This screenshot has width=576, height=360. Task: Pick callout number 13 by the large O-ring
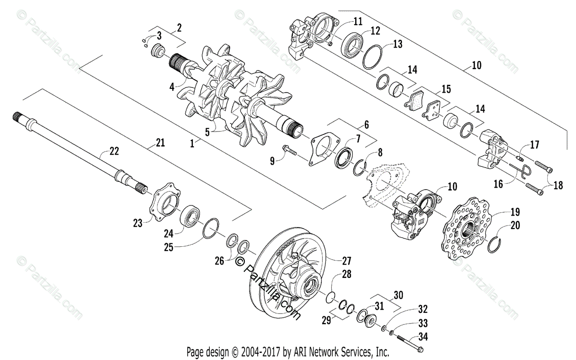click(397, 44)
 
